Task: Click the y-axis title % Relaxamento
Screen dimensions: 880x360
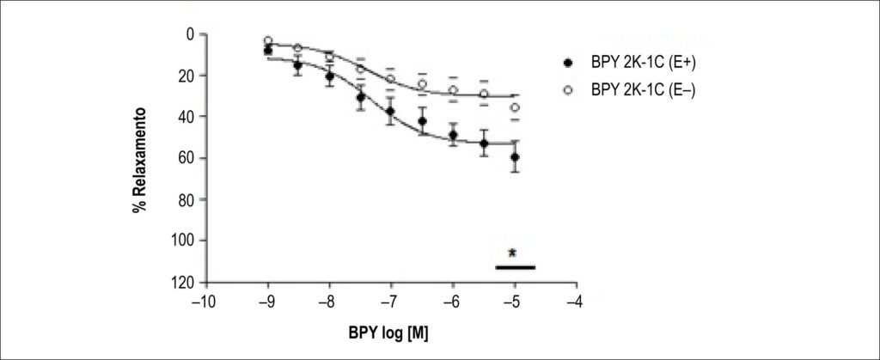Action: point(140,160)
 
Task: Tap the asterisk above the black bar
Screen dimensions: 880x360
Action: point(512,253)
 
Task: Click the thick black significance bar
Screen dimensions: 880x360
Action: point(516,267)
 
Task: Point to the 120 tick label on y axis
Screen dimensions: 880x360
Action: point(184,282)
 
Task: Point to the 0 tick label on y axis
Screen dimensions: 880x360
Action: point(191,34)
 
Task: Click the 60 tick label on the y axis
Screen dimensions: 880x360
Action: point(187,158)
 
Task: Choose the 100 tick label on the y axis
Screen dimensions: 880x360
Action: point(184,241)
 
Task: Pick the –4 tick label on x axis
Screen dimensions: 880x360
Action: point(575,302)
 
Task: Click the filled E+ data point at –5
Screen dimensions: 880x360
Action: point(515,157)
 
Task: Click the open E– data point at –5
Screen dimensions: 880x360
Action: point(515,107)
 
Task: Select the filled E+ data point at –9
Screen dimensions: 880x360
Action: point(268,51)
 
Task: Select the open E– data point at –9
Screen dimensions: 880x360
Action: point(268,40)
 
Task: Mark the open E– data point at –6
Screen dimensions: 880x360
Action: point(453,90)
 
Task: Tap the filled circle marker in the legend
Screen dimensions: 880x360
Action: point(569,64)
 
